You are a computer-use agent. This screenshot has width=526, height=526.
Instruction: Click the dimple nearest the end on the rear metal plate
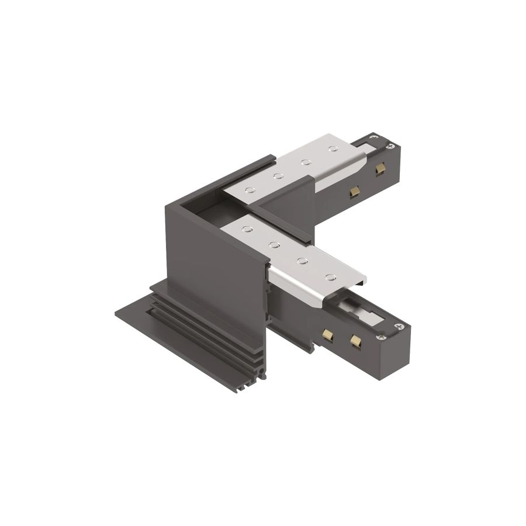(334, 150)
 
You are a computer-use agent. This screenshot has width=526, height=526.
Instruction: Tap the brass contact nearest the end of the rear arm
(380, 169)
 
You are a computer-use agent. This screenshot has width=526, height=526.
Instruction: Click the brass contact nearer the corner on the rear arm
(353, 192)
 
